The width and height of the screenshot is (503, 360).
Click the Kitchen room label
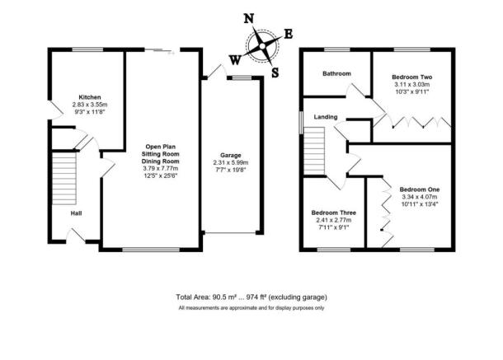point(90,97)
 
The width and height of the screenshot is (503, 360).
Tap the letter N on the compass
point(249,19)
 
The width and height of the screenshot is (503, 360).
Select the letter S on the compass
point(275,72)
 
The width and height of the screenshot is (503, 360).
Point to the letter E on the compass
point(289,34)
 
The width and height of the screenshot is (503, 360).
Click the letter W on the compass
point(235,59)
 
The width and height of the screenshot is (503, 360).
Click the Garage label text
point(231,156)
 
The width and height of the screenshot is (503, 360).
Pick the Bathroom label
point(336,74)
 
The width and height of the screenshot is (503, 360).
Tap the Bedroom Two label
point(412,77)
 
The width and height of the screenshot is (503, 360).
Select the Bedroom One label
point(420,189)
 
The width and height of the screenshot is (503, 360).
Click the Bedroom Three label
point(334,213)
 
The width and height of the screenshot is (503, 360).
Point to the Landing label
point(326,117)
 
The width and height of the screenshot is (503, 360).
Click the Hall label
point(76,213)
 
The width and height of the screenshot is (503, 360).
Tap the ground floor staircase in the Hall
point(64,178)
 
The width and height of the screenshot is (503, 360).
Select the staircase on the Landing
point(314,151)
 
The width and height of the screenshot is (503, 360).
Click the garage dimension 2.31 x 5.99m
point(231,163)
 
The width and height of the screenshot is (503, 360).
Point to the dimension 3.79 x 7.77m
point(161,169)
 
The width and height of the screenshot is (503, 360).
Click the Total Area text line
point(251,297)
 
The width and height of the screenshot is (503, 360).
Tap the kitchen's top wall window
point(87,49)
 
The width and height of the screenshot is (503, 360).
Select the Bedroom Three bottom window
point(334,250)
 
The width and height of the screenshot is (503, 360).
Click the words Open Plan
point(161,147)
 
